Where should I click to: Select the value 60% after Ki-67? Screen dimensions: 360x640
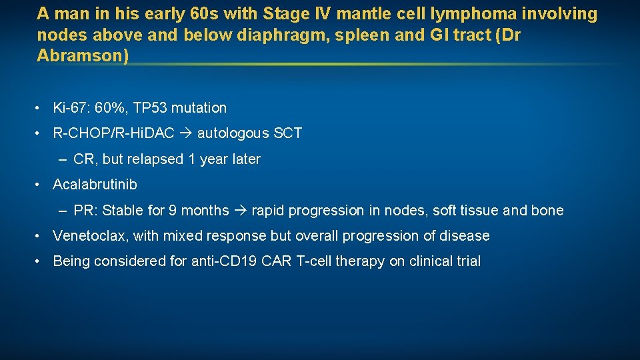point(113,107)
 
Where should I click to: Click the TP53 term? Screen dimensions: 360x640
point(152,107)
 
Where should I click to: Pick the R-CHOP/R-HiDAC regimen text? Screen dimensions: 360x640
point(113,133)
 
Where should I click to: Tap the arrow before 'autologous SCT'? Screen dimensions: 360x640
point(186,133)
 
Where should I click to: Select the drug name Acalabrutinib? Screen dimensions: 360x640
point(95,185)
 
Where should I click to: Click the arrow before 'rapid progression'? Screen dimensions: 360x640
point(240,211)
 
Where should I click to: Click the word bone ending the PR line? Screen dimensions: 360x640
point(547,211)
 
